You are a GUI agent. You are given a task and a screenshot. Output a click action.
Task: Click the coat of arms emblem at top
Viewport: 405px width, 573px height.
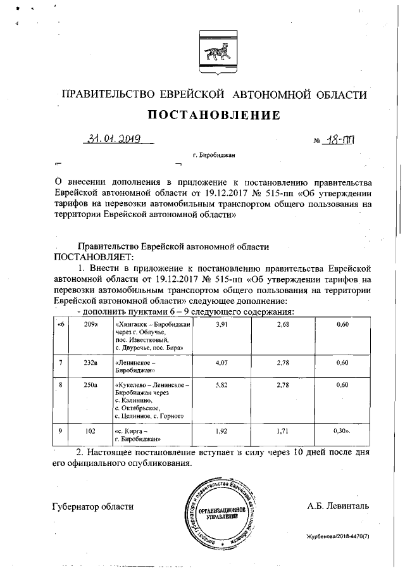pos(213,47)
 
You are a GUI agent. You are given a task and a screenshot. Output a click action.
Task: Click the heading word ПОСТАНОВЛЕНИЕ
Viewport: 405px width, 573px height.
pos(214,115)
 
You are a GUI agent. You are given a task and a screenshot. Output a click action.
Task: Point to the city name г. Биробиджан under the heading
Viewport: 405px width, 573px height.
pos(213,155)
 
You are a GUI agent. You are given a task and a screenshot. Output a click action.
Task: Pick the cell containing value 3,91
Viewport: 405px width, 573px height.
pos(221,324)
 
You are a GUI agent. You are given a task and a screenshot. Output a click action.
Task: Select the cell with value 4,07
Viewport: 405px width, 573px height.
pos(221,363)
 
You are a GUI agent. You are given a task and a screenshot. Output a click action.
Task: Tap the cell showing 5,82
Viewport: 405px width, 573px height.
pos(221,384)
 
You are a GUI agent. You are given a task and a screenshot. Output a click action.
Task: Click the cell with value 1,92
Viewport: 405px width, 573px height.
pos(221,431)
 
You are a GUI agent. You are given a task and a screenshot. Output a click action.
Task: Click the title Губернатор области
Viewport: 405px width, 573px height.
pos(93,506)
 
